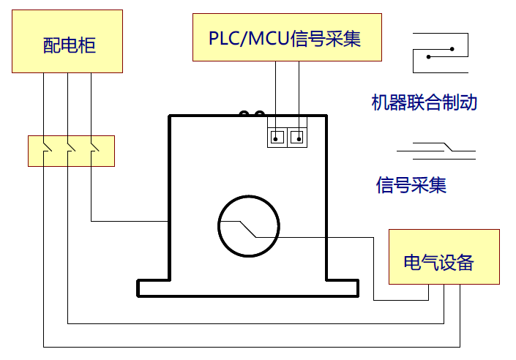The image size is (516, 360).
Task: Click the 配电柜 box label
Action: pyautogui.click(x=70, y=46)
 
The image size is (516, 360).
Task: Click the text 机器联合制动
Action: pyautogui.click(x=425, y=102)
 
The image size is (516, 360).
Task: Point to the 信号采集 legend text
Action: pyautogui.click(x=411, y=184)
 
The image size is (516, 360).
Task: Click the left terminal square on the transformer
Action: pyautogui.click(x=276, y=137)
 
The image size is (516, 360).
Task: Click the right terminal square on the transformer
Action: pyautogui.click(x=297, y=137)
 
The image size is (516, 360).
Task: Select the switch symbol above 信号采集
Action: pyautogui.click(x=436, y=152)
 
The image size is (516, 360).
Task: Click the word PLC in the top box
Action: pyautogui.click(x=223, y=37)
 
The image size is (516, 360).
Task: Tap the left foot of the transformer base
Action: pyautogui.click(x=154, y=288)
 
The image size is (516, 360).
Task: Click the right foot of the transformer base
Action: pyautogui.click(x=342, y=288)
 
